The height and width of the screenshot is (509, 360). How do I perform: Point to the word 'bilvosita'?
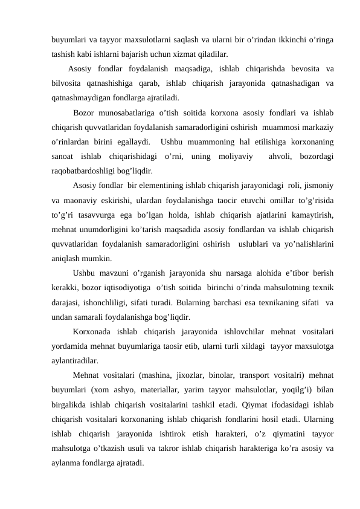[x=67, y=83]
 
